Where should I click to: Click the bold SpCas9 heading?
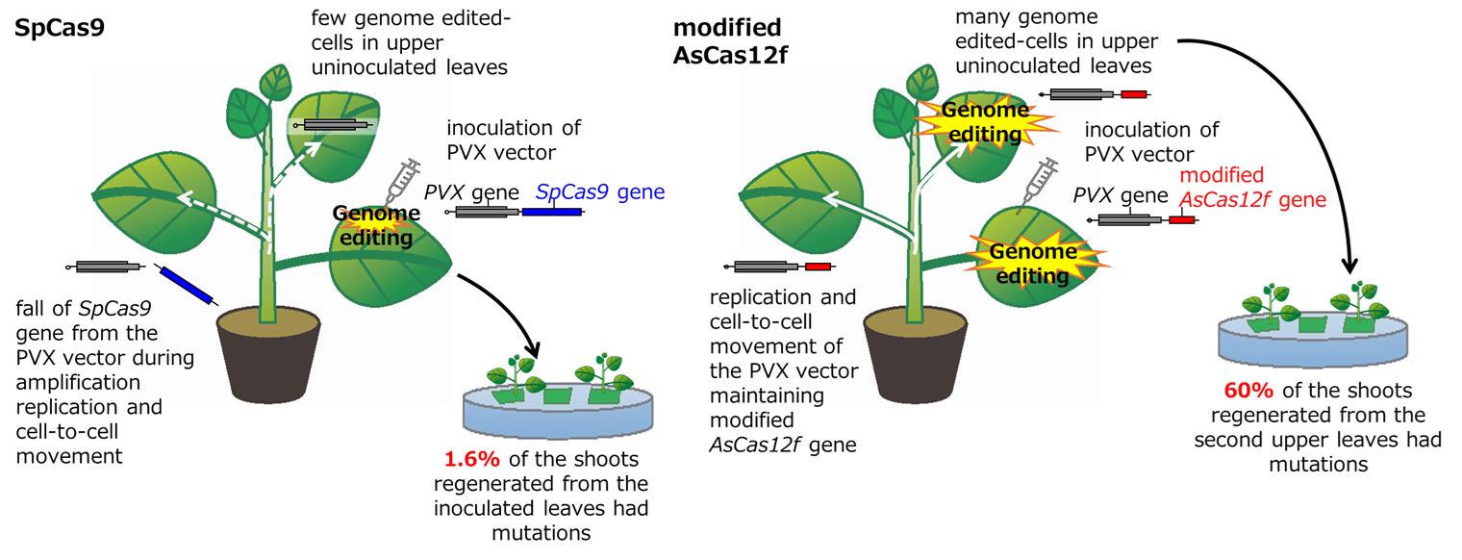click(x=60, y=28)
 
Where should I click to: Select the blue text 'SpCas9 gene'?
click(x=599, y=192)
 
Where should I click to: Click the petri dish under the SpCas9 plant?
click(x=558, y=409)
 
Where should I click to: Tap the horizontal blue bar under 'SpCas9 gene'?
click(x=552, y=212)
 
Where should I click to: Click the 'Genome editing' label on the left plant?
click(x=374, y=224)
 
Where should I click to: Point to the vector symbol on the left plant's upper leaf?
click(x=338, y=126)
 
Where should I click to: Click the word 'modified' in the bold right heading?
click(x=727, y=28)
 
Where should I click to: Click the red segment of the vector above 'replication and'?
click(x=819, y=267)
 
